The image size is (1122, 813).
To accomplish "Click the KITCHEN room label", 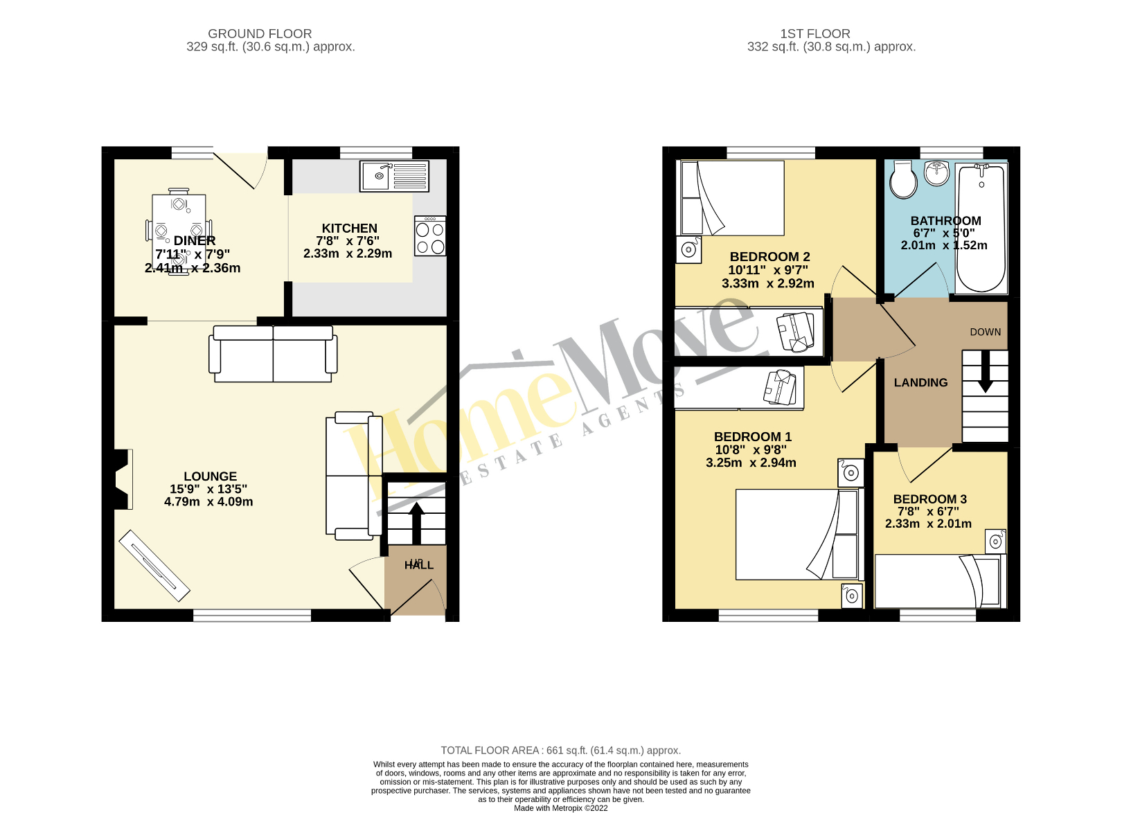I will point(349,229).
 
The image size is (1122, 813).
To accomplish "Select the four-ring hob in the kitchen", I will point(430,237).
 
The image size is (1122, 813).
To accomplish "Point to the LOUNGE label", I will point(210,476).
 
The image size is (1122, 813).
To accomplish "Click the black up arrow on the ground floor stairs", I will point(416,522).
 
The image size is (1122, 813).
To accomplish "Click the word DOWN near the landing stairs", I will point(985,332).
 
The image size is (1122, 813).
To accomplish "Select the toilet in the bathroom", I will point(902,180).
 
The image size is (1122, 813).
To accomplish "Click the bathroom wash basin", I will point(936,173).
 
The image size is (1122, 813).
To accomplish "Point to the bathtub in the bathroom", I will point(981,229).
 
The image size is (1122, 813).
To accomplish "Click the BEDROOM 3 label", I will point(929,499).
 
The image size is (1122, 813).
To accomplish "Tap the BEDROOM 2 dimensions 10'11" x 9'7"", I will point(768,270).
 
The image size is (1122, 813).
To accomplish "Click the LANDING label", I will point(920,382).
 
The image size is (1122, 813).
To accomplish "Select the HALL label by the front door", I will point(419,565).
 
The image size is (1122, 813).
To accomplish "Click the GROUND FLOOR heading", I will point(260,33).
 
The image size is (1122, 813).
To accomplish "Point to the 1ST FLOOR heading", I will point(814,33).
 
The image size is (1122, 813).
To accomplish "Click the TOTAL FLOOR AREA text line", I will point(560,750).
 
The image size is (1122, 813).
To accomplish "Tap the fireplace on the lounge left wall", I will point(121,479).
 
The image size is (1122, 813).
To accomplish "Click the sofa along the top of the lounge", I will point(273,354).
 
